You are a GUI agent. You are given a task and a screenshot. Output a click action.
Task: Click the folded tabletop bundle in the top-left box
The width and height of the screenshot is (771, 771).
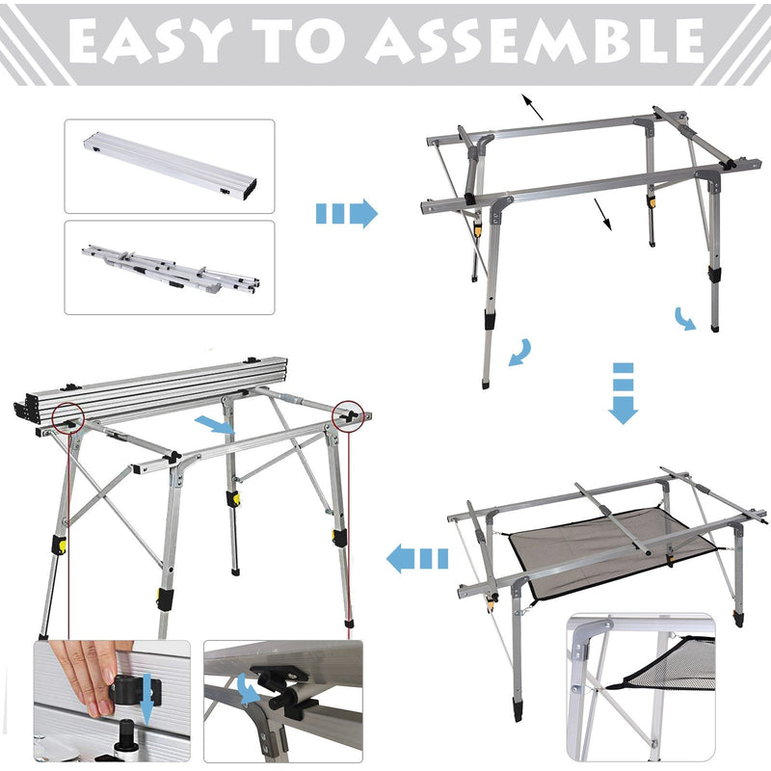tap(170, 166)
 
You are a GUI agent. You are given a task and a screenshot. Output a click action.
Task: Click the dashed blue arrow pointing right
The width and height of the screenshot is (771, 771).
tap(346, 213)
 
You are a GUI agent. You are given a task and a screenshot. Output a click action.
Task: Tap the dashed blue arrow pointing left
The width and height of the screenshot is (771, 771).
tap(417, 558)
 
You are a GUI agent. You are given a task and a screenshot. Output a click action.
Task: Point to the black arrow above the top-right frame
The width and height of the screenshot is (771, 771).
tap(531, 106)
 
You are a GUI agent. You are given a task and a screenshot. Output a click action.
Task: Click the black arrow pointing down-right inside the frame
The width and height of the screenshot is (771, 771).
tap(602, 214)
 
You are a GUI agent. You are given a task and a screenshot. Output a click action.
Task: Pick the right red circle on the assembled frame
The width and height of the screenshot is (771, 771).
tap(347, 413)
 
